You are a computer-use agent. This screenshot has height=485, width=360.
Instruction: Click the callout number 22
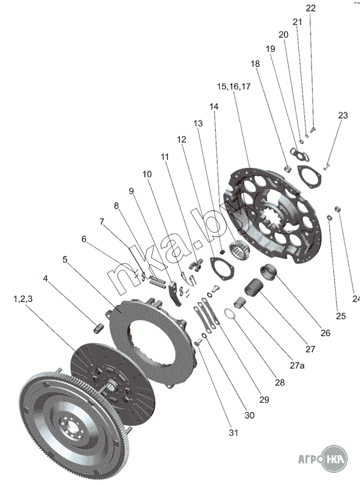click(310, 8)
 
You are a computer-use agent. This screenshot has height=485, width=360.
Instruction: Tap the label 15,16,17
click(234, 86)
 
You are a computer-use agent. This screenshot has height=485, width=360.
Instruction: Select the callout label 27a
click(297, 366)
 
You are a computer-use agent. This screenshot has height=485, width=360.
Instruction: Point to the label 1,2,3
click(23, 299)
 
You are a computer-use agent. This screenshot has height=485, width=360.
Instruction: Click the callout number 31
click(233, 432)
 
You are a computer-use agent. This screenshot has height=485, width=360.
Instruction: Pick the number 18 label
click(255, 64)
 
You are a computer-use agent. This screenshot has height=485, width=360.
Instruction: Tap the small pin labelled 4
click(99, 327)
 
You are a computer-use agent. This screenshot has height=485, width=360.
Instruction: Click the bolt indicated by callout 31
click(198, 342)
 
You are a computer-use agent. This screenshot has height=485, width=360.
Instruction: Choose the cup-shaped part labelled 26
click(268, 272)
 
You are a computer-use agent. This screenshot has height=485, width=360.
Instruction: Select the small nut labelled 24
click(338, 209)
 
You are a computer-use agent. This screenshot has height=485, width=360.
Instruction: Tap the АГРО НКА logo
click(322, 459)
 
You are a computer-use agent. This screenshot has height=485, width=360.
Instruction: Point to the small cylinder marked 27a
click(239, 302)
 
